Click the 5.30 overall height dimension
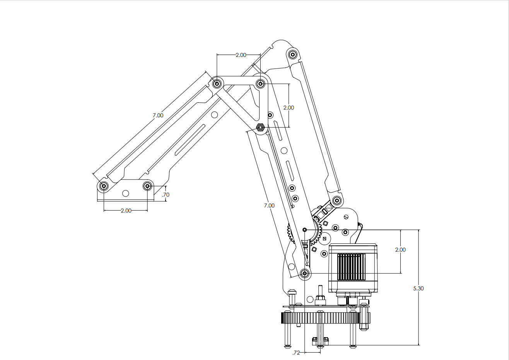[418, 288]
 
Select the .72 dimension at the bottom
[296, 353]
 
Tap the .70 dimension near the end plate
[166, 195]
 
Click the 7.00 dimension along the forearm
[158, 115]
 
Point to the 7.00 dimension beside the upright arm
[269, 206]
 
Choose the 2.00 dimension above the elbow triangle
[241, 55]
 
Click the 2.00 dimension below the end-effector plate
[126, 211]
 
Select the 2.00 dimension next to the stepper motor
[400, 250]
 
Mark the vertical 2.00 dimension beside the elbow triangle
[289, 108]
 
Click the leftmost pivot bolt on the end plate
[104, 186]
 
